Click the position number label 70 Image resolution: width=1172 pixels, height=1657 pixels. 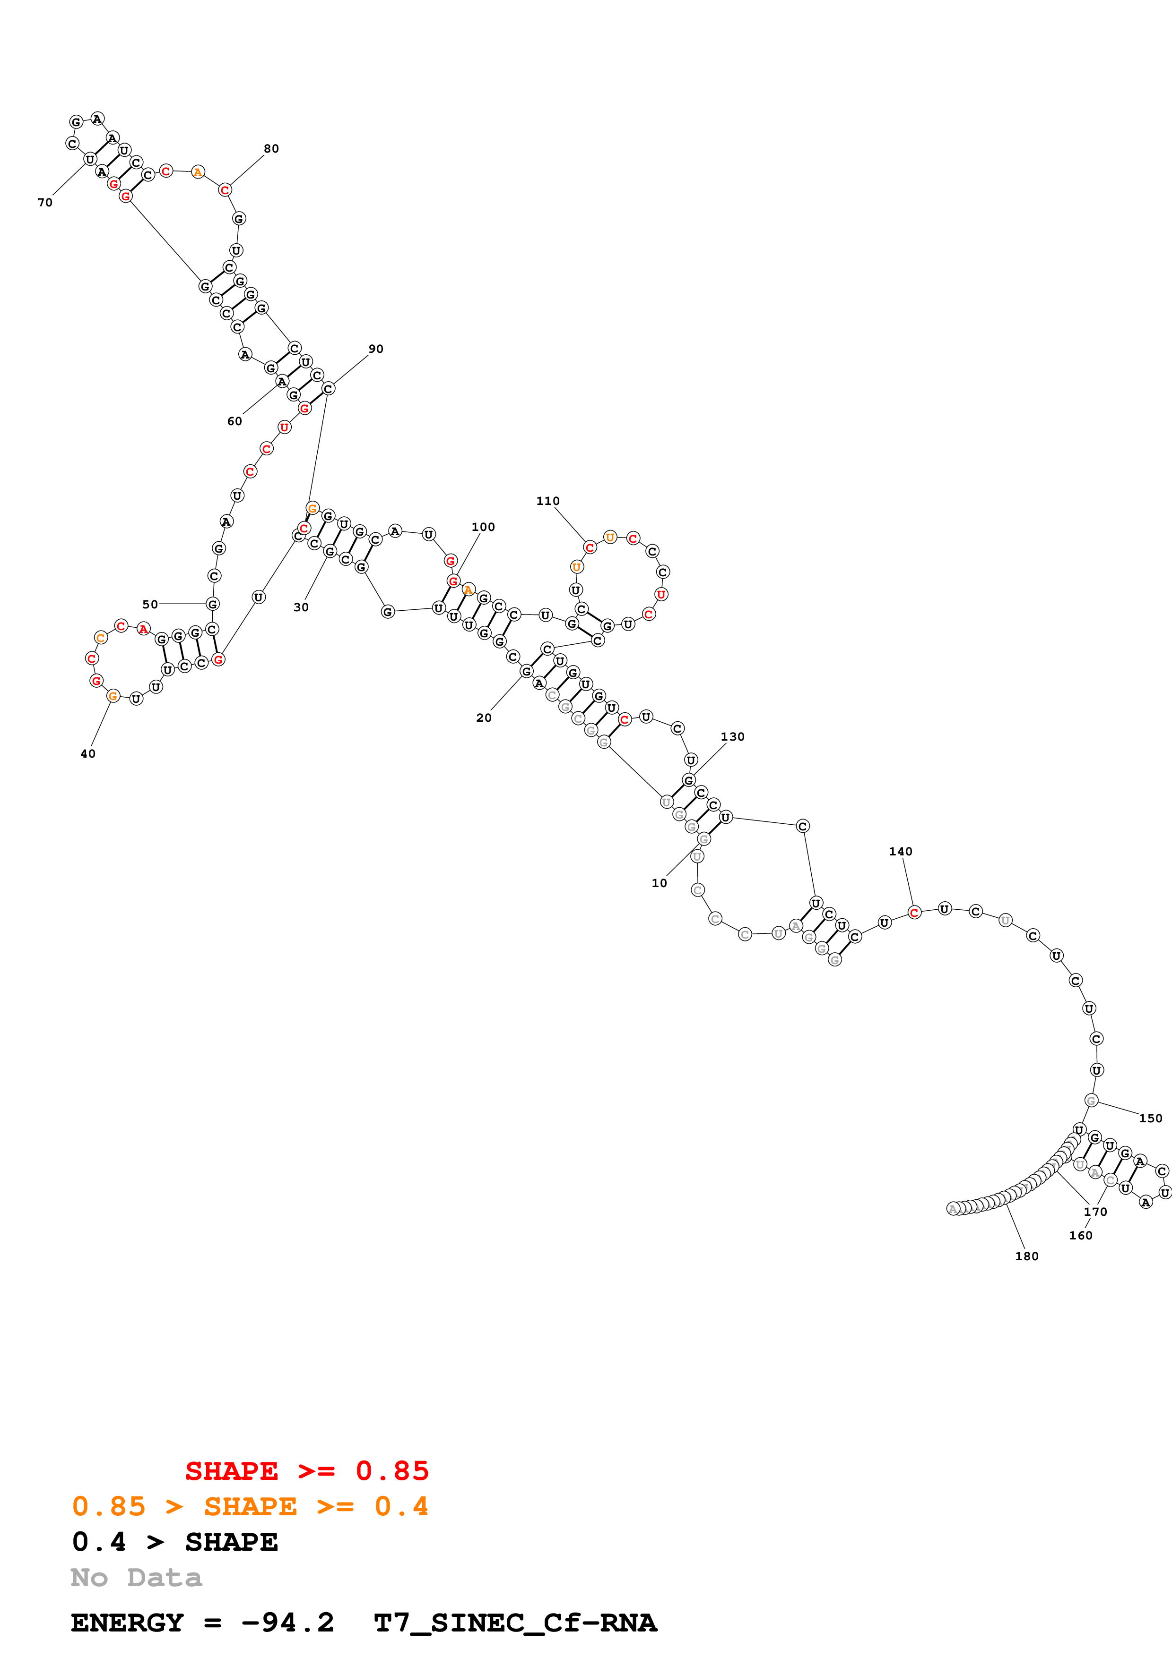pos(45,203)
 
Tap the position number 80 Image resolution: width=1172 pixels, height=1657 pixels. pos(271,149)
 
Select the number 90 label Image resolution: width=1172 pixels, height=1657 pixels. pos(375,349)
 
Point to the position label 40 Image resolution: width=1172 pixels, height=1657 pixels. pos(87,753)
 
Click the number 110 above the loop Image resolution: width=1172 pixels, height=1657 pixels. pos(547,501)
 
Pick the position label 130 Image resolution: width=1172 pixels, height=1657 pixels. pos(732,737)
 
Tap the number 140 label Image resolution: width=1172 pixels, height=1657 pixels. pos(901,852)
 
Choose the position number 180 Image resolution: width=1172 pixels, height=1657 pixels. pos(1026,1256)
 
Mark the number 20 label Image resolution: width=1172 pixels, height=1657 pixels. pos(483,718)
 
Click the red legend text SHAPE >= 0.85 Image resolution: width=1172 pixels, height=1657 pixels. pos(307,1471)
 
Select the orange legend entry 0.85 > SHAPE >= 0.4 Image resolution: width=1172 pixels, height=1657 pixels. pos(250,1506)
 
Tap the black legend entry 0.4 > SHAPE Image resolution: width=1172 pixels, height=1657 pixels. pos(175,1542)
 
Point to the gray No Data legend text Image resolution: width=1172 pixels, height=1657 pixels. pos(136,1578)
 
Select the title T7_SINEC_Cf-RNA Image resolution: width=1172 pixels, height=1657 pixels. pos(515,1623)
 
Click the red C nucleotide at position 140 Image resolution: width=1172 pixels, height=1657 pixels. pos(913,913)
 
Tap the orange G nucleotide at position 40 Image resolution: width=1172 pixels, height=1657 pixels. pos(113,696)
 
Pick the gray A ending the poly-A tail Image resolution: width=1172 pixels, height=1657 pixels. pos(953,1209)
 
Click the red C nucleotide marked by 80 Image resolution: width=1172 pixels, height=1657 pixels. pos(225,190)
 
